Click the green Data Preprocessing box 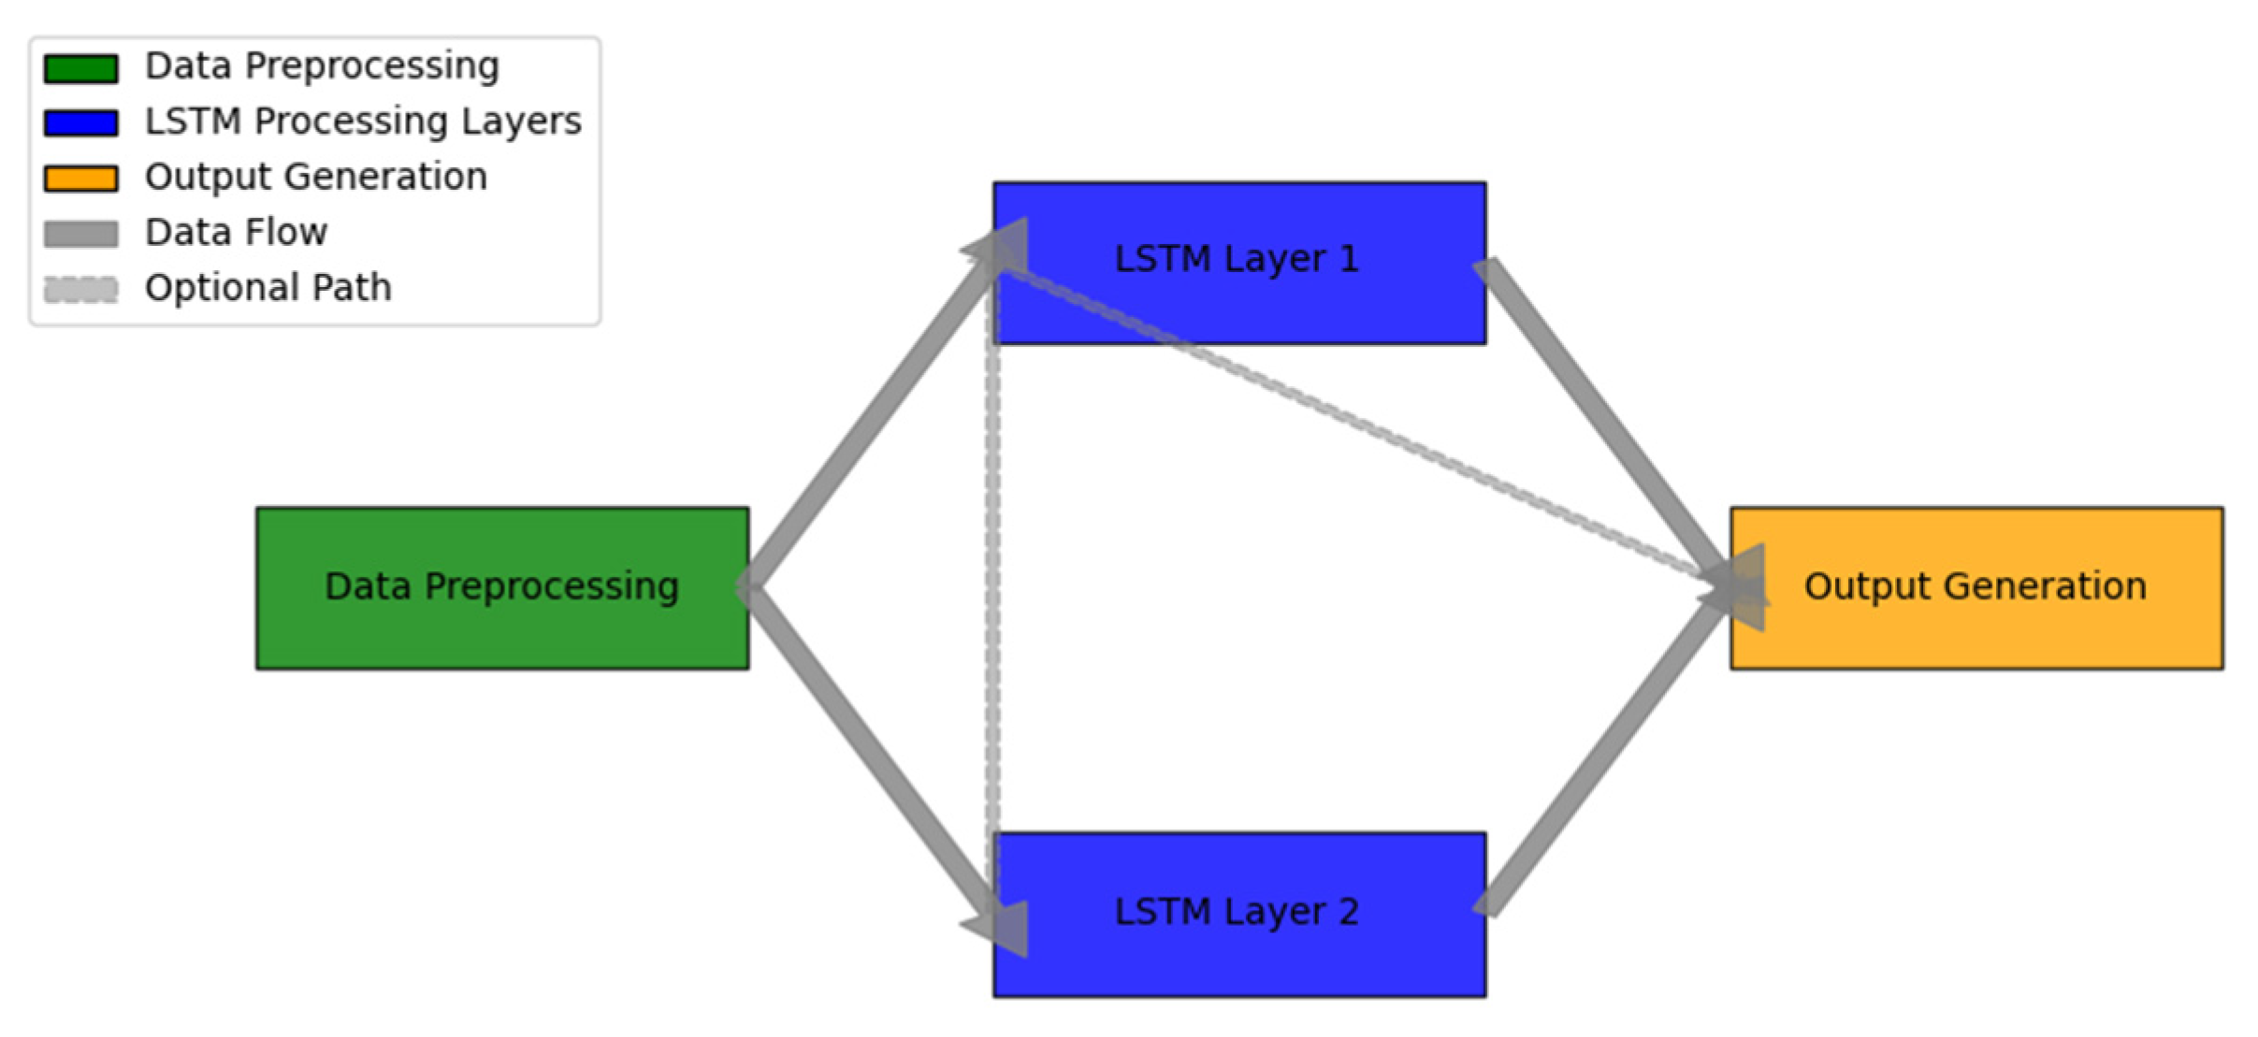pos(502,636)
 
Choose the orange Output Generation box pos(1976,636)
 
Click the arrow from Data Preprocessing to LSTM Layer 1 pos(870,421)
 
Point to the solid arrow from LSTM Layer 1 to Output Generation pos(1604,421)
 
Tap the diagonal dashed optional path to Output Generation pos(1356,421)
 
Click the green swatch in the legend pos(81,68)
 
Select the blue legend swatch pos(81,123)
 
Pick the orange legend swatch pos(81,179)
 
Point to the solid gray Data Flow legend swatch pos(81,234)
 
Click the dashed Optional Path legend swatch pos(81,289)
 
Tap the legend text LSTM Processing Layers pos(363,122)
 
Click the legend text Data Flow pos(236,232)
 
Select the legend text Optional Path pos(268,287)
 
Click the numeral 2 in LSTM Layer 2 pos(1348,912)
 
